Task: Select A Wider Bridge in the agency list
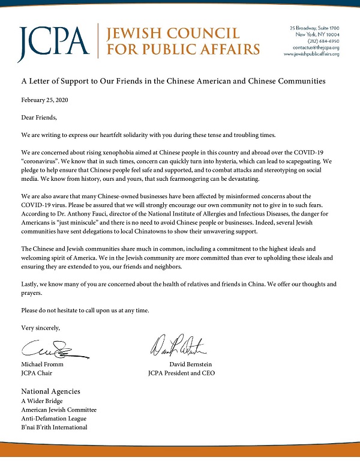click(42, 401)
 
